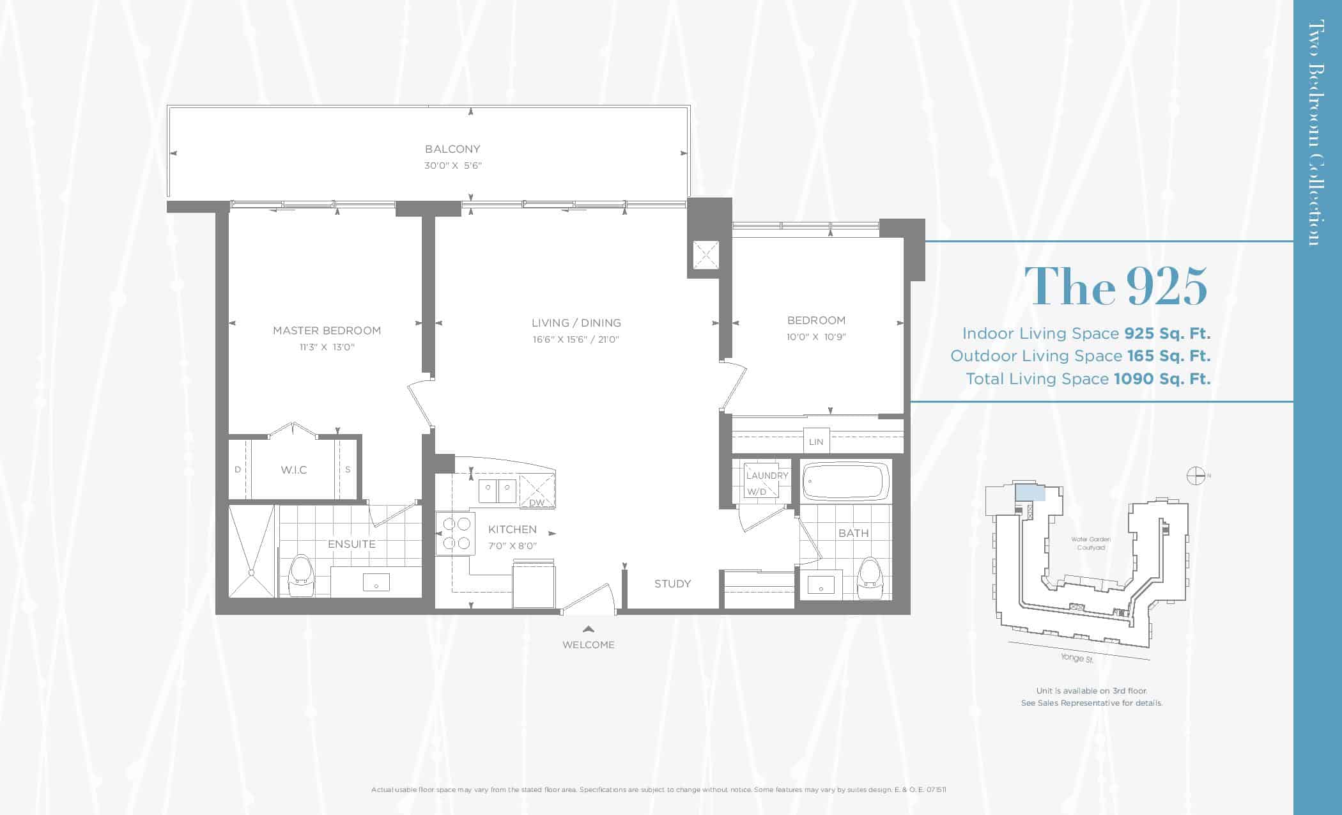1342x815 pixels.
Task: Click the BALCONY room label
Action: click(452, 149)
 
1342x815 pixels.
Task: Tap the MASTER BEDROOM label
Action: click(327, 330)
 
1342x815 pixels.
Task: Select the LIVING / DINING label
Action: click(576, 323)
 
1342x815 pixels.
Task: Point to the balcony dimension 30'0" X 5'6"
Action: click(452, 166)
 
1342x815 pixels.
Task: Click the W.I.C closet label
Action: click(294, 470)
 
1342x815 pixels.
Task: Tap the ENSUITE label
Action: click(351, 544)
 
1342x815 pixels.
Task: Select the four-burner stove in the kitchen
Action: click(456, 534)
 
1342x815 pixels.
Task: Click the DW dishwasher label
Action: click(537, 503)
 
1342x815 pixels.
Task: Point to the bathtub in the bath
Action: click(846, 481)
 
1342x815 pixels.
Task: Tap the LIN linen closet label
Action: click(816, 442)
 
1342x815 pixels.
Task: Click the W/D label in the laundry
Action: click(757, 492)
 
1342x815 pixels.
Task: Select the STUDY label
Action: click(672, 584)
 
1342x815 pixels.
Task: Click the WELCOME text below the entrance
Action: click(588, 645)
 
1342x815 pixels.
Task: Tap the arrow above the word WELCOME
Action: click(589, 629)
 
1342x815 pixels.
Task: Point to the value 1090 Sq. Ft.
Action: click(1162, 379)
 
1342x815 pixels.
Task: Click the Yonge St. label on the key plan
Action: click(1077, 658)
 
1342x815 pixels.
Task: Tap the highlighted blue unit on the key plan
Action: click(1030, 492)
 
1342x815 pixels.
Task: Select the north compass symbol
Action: click(1196, 476)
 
